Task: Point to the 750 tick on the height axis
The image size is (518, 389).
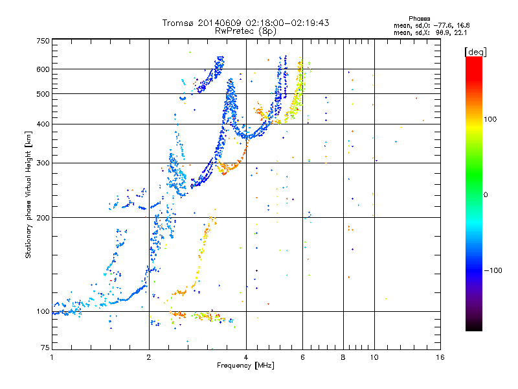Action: pyautogui.click(x=43, y=40)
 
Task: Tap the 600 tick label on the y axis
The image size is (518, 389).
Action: pyautogui.click(x=43, y=69)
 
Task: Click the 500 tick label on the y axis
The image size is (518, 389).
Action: pyautogui.click(x=43, y=93)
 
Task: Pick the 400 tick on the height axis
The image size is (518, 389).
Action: pyautogui.click(x=43, y=124)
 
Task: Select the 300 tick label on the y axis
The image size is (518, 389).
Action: pyautogui.click(x=43, y=163)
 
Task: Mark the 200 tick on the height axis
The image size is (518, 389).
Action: pyautogui.click(x=43, y=217)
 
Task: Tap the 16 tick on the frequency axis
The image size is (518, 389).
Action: pyautogui.click(x=440, y=357)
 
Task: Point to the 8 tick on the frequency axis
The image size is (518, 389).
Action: pyautogui.click(x=343, y=357)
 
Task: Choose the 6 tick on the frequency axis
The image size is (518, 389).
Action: pyautogui.click(x=302, y=357)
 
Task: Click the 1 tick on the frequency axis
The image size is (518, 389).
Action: pyautogui.click(x=52, y=357)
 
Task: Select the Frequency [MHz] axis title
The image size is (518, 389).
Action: pyautogui.click(x=246, y=366)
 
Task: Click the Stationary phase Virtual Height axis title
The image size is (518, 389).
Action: pyautogui.click(x=28, y=194)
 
